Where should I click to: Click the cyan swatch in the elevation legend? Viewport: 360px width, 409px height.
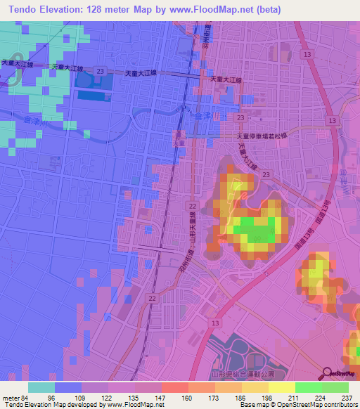(x=41, y=387)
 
